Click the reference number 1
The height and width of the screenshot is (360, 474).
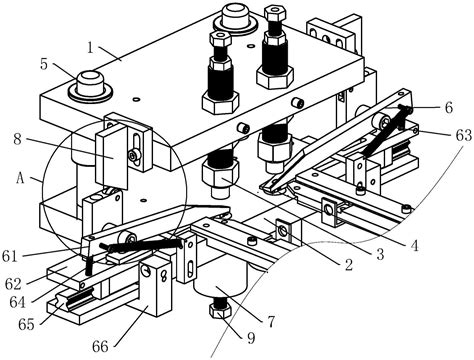coord(90,48)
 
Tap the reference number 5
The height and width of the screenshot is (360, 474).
coord(44,64)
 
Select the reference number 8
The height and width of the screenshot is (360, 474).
coord(17,139)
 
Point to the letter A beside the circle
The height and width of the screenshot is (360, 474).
coord(20,179)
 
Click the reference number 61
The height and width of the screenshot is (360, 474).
coord(9,257)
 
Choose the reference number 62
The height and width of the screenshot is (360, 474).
coord(13,284)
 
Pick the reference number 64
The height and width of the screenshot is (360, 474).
coord(17,302)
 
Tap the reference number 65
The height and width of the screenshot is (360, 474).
coord(26,324)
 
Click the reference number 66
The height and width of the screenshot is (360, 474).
coord(100,347)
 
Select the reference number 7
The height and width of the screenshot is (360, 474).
coord(271,322)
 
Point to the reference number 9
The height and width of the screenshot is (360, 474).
coord(251,338)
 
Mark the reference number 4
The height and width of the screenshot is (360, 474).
coord(414,246)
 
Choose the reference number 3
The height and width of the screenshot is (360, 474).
coord(380,255)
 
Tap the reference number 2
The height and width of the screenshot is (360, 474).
coord(349,265)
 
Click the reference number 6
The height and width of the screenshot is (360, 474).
coord(449,107)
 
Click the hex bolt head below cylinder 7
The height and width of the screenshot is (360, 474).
coord(220,311)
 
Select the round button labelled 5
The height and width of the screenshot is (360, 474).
coord(90,85)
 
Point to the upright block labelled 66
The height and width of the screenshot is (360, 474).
coord(156,288)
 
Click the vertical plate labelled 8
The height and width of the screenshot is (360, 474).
coord(112,156)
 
